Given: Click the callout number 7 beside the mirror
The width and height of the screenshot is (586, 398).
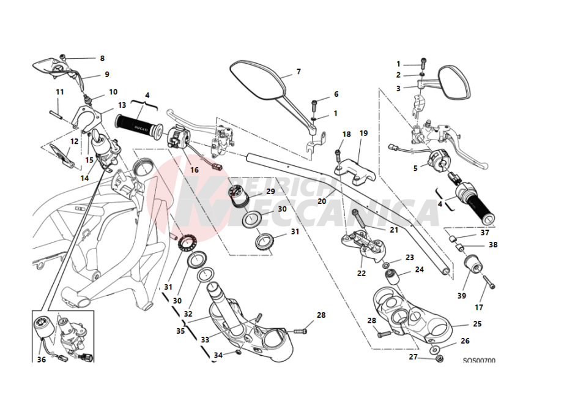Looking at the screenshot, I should click(x=299, y=72).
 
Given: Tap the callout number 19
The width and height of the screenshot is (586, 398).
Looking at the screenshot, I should click(x=363, y=133).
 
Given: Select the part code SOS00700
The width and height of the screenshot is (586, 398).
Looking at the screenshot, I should click(x=479, y=361).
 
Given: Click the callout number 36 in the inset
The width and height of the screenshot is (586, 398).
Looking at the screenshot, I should click(x=41, y=359).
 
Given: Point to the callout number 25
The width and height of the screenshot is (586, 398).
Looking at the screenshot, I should click(x=477, y=324).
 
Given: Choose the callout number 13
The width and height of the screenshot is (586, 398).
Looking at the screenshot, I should click(x=122, y=105).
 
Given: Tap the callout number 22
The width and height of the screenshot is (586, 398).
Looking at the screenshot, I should click(x=362, y=273).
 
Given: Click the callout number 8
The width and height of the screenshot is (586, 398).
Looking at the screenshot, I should click(x=102, y=59).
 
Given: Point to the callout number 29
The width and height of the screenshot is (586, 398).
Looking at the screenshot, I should click(x=270, y=191).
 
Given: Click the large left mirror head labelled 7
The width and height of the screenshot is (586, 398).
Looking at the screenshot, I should click(x=257, y=80).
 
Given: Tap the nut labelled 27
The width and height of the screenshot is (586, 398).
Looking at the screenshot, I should click(x=439, y=358).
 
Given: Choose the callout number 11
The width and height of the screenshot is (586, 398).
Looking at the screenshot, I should click(x=60, y=92).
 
